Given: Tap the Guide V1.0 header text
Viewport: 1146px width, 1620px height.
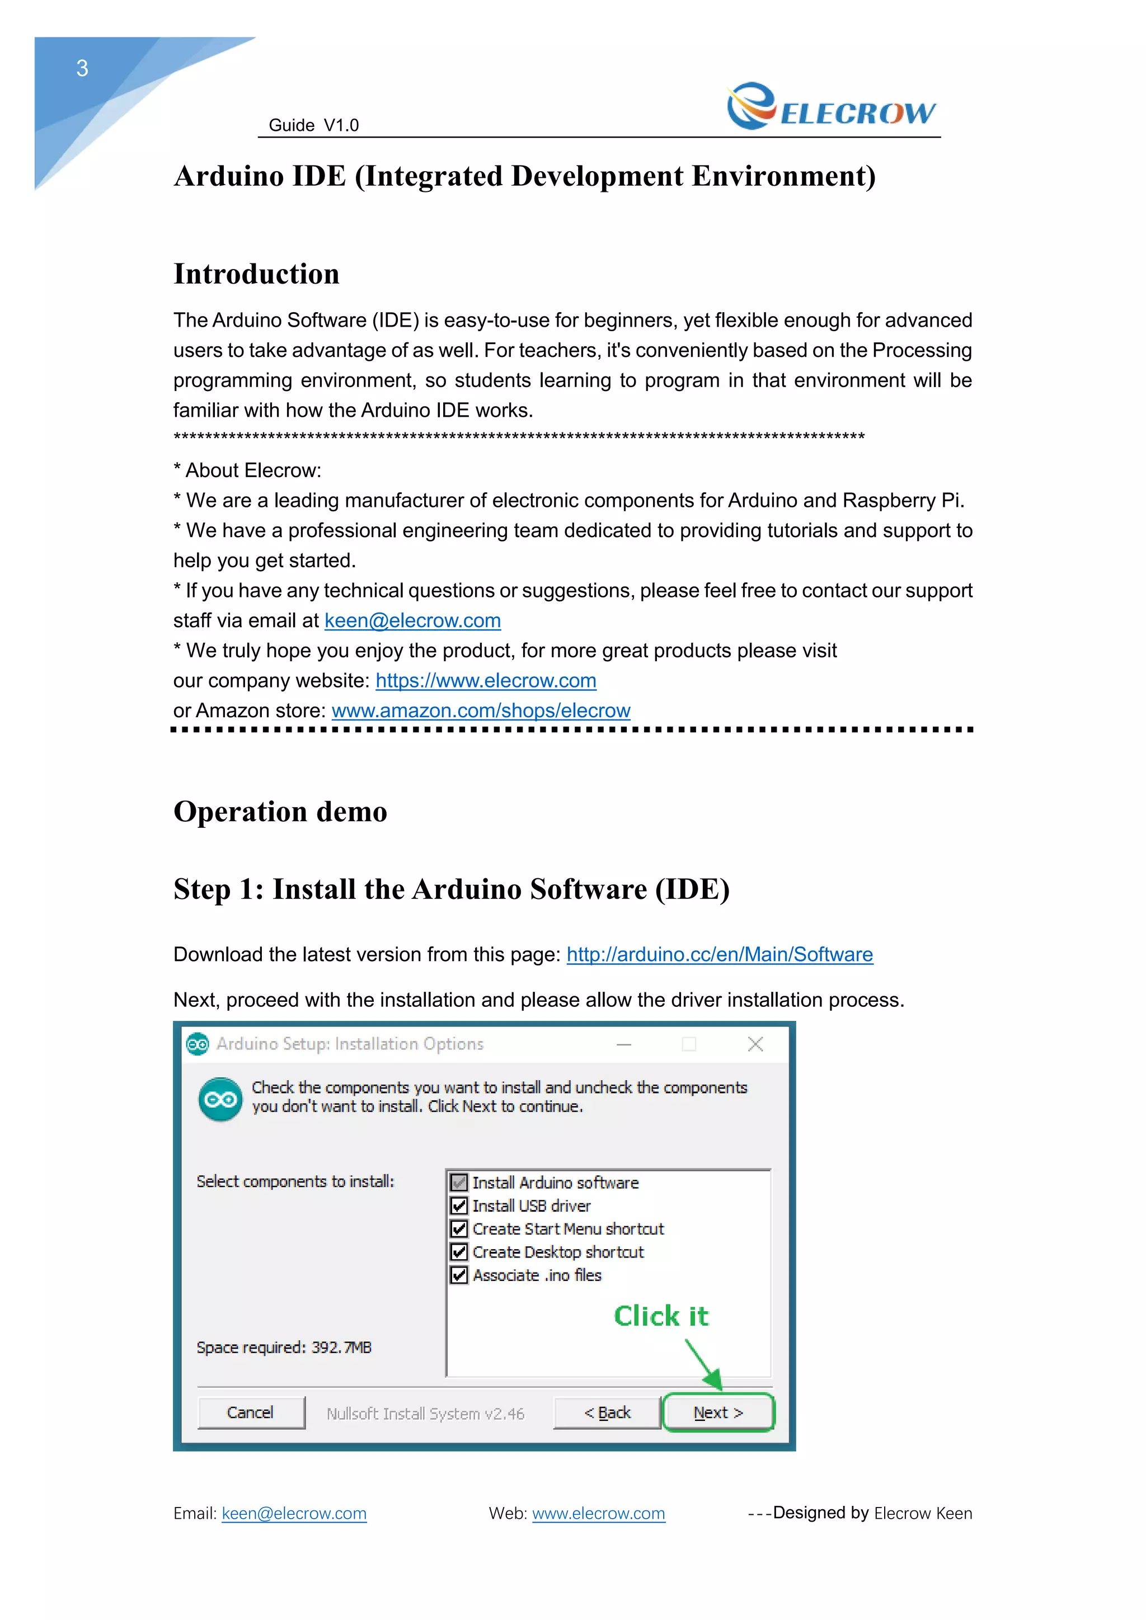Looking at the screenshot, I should pyautogui.click(x=313, y=126).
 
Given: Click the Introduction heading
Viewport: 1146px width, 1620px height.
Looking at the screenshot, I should pyautogui.click(x=256, y=274).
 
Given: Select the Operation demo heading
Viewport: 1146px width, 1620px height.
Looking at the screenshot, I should pyautogui.click(x=280, y=812).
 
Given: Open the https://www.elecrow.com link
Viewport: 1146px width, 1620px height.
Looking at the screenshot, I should pyautogui.click(x=486, y=681).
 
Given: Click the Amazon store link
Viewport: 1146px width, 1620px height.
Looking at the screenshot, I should pyautogui.click(x=481, y=710).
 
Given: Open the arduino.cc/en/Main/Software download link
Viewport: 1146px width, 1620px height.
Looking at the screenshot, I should pyautogui.click(x=719, y=955).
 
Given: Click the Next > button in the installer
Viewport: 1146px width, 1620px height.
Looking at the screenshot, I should pyautogui.click(x=718, y=1412).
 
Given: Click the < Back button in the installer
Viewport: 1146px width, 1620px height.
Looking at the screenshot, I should pyautogui.click(x=607, y=1412).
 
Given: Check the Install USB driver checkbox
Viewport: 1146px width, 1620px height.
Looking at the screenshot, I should pyautogui.click(x=459, y=1206).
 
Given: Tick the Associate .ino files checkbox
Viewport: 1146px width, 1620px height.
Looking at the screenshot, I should pyautogui.click(x=459, y=1275).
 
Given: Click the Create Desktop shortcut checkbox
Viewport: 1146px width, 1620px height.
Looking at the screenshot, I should pyautogui.click(x=459, y=1252).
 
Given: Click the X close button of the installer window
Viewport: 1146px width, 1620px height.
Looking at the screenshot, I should pyautogui.click(x=755, y=1044).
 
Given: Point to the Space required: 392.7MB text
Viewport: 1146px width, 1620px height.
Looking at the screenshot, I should pyautogui.click(x=284, y=1348).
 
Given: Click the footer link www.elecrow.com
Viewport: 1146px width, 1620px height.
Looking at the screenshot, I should pyautogui.click(x=598, y=1514).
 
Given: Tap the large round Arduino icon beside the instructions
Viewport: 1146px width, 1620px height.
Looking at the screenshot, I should pyautogui.click(x=220, y=1099).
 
